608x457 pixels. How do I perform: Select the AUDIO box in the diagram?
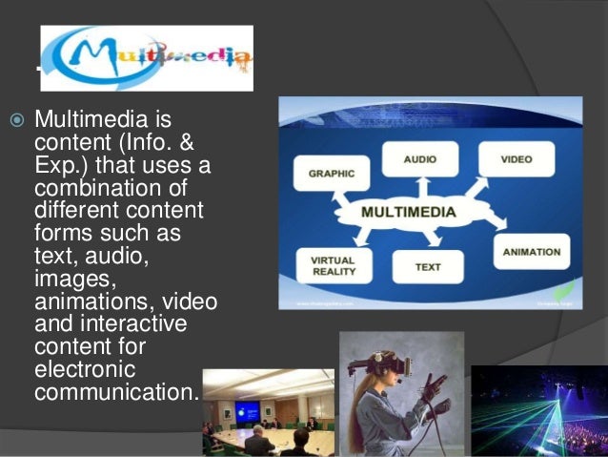pyautogui.click(x=420, y=158)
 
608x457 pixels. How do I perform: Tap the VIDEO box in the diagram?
pyautogui.click(x=516, y=158)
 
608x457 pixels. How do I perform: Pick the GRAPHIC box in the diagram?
pyautogui.click(x=331, y=175)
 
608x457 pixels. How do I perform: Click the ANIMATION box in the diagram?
pyautogui.click(x=531, y=253)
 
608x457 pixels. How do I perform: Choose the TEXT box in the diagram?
pyautogui.click(x=427, y=267)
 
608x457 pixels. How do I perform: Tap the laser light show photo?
pyautogui.click(x=538, y=410)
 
